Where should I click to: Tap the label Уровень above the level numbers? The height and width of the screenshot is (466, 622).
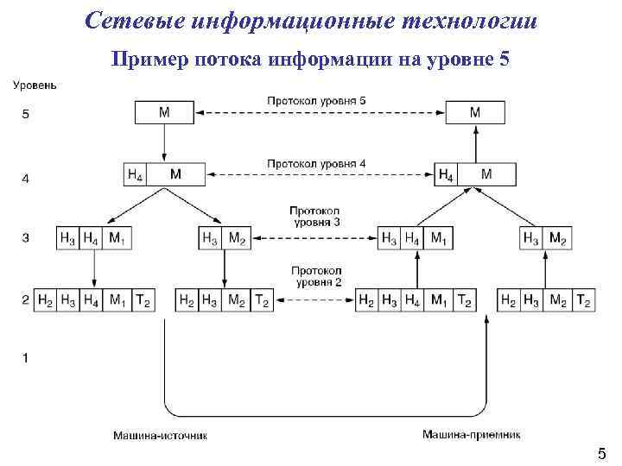tap(35, 85)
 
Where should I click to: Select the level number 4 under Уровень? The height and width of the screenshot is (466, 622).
tap(25, 179)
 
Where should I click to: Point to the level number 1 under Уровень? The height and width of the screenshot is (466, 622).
tap(25, 357)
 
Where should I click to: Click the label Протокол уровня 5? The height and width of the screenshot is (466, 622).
tap(316, 101)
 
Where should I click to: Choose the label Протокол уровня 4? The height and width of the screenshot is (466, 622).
tap(316, 163)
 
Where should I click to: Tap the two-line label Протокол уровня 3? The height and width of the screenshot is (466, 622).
tap(315, 217)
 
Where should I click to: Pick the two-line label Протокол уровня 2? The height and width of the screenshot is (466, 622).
tap(315, 276)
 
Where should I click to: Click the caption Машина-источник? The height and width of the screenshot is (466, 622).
tap(161, 436)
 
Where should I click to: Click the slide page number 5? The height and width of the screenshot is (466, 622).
tap(601, 454)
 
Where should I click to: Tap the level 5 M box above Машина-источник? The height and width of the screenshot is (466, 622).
tap(164, 113)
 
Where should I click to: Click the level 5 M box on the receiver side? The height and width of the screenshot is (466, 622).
tap(475, 113)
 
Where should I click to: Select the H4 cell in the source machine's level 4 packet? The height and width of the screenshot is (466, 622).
tap(136, 174)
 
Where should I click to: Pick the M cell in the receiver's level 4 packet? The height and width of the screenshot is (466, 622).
tap(486, 174)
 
